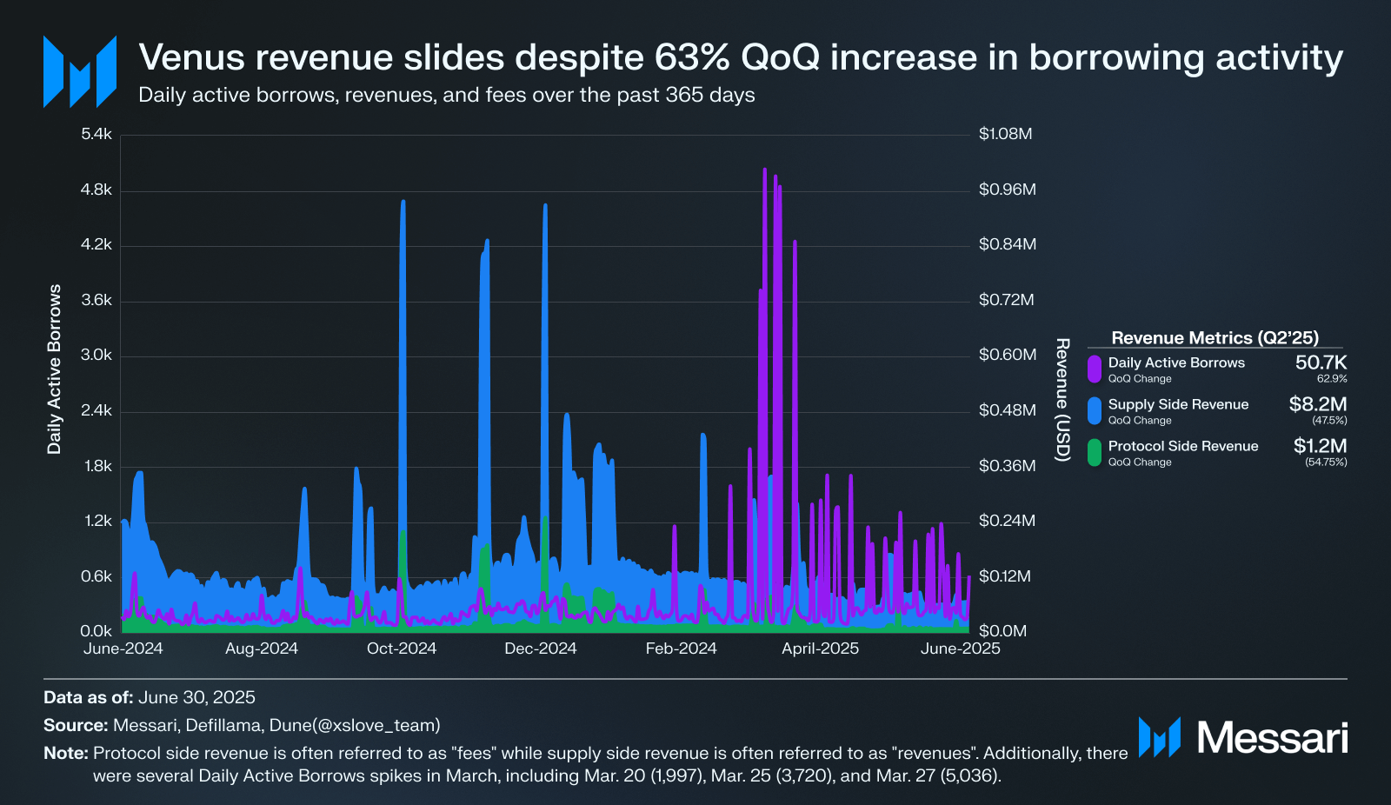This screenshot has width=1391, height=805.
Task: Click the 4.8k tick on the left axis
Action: coord(96,190)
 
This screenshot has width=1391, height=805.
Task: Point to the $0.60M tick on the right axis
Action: coord(1007,355)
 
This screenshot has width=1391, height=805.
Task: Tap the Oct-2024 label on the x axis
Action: coord(402,649)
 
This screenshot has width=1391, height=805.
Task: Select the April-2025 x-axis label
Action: coord(820,649)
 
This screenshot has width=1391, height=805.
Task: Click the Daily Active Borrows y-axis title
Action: coord(55,369)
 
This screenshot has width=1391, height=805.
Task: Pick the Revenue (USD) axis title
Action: coord(1062,400)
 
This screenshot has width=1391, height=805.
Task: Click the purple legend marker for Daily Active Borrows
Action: coord(1095,369)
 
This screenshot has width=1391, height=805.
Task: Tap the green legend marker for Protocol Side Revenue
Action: coord(1095,452)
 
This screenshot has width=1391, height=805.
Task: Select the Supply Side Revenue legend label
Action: coord(1178,404)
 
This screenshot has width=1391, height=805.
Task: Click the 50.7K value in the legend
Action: coord(1321,363)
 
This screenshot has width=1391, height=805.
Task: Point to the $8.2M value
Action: coord(1317,404)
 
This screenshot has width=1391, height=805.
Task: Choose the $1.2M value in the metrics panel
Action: coord(1320,446)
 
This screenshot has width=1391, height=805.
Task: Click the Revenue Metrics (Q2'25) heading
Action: coord(1215,338)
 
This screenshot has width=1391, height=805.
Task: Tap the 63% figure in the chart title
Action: coord(692,57)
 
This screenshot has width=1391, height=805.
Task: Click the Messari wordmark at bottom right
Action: coord(1272,738)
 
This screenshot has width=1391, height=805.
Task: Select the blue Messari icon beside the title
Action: coord(80,71)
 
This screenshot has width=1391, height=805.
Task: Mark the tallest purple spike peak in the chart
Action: coord(764,170)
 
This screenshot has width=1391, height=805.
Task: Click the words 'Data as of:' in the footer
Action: coord(89,697)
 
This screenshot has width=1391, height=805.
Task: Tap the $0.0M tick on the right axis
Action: coord(1002,631)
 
